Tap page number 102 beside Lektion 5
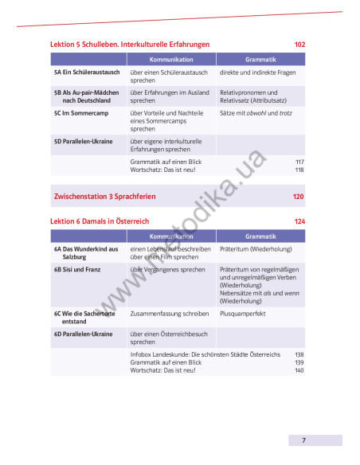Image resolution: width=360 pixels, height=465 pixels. (x=299, y=45)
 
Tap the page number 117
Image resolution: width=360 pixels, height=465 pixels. (x=299, y=162)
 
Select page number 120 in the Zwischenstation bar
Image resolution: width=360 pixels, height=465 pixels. (x=298, y=196)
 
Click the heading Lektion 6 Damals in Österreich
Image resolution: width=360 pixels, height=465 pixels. (x=100, y=221)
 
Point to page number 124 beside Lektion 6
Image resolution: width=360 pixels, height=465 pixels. (x=299, y=221)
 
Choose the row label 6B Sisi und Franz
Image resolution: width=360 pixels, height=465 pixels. (x=81, y=270)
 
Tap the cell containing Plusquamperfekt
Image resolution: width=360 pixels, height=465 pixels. (x=243, y=314)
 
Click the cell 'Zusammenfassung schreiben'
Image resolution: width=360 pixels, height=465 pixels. (x=170, y=314)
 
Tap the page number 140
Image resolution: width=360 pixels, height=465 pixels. (x=299, y=370)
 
